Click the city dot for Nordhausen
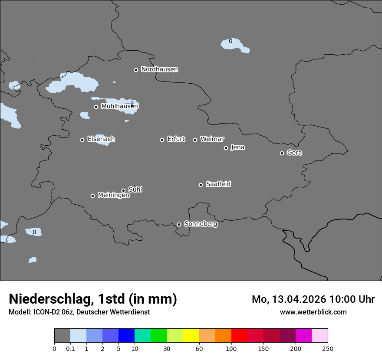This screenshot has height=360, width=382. point(136,70)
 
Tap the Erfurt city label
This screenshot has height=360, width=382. point(176,139)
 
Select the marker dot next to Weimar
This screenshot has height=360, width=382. point(195,140)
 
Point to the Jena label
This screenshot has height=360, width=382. point(237,147)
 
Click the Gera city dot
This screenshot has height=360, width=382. point(282,153)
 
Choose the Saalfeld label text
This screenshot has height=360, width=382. point(218,184)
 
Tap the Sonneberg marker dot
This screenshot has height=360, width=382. point(179,224)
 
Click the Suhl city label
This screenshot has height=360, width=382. point(135,190)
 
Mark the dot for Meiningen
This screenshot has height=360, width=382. point(92,196)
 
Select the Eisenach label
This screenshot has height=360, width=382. point(101,139)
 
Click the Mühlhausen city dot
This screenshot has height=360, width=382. point(96,107)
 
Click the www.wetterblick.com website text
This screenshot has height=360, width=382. point(313,312)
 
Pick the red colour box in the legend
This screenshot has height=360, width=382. point(239,336)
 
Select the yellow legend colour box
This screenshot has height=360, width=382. point(191,336)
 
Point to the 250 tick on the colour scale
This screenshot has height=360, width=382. point(328,348)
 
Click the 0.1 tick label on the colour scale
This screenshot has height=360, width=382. point(70,348)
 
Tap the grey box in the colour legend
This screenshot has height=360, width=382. point(62,336)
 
